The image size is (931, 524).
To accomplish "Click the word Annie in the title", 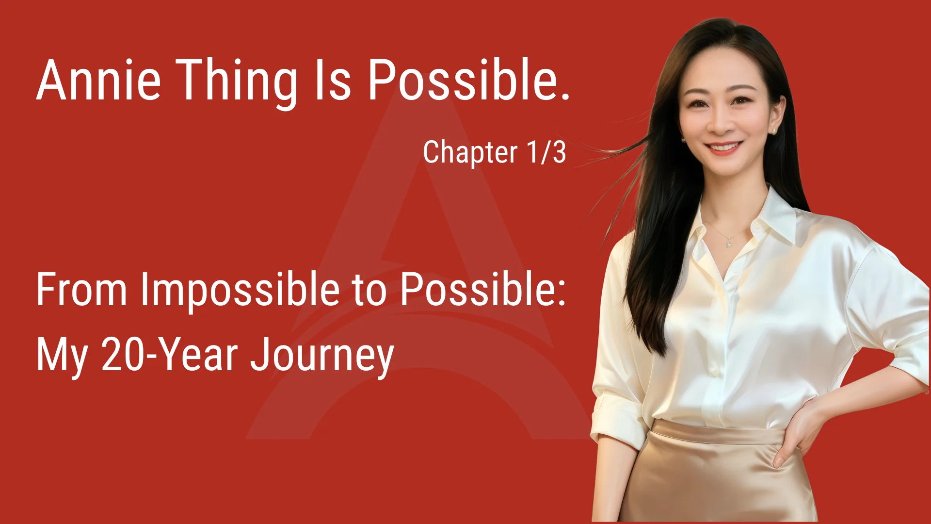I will [x=98, y=80].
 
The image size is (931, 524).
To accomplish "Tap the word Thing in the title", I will [x=236, y=81].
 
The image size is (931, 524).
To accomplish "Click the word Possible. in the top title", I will [x=468, y=80].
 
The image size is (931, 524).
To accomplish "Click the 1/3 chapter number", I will [x=546, y=152].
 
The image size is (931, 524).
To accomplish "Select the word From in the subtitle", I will [x=81, y=290].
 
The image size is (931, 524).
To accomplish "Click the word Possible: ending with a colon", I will [x=482, y=290].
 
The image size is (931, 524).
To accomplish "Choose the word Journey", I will [x=321, y=357].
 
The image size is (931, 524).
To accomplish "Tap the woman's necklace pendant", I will [x=728, y=244].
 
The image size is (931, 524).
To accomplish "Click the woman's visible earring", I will [x=773, y=131].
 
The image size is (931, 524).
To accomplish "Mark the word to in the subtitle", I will [x=369, y=291].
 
